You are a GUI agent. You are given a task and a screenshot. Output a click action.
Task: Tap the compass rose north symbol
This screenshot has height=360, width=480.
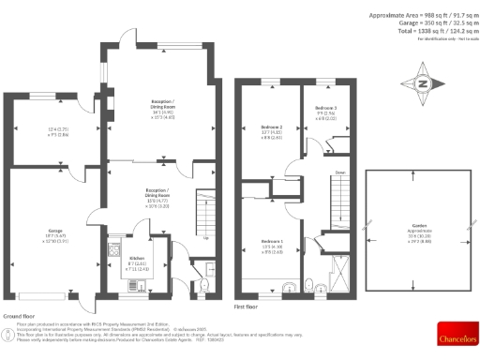click(423, 83)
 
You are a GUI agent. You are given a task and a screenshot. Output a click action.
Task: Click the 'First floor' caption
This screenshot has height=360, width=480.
click(247, 305)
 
